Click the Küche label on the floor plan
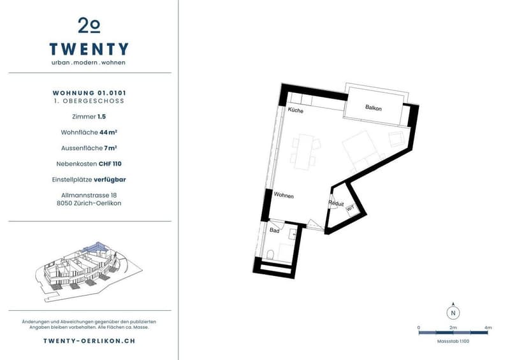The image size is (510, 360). [295, 110]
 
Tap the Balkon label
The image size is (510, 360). [373, 108]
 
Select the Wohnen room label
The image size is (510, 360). [284, 195]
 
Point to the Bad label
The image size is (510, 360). [275, 230]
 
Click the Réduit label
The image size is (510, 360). [336, 204]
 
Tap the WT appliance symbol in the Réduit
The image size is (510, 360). [351, 208]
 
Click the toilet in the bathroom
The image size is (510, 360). [270, 255]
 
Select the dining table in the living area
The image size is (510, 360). [305, 152]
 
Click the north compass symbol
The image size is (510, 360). [453, 312]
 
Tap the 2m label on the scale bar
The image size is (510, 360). [453, 328]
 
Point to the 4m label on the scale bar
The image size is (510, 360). [488, 328]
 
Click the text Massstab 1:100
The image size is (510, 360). [453, 341]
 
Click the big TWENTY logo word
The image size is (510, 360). [89, 49]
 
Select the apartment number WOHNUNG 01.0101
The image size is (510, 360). [89, 93]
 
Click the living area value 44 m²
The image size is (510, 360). [108, 132]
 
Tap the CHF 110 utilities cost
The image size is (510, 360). [110, 164]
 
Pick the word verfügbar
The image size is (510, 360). [110, 180]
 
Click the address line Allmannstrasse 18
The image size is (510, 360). [89, 195]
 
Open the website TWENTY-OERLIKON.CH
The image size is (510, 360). [89, 341]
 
